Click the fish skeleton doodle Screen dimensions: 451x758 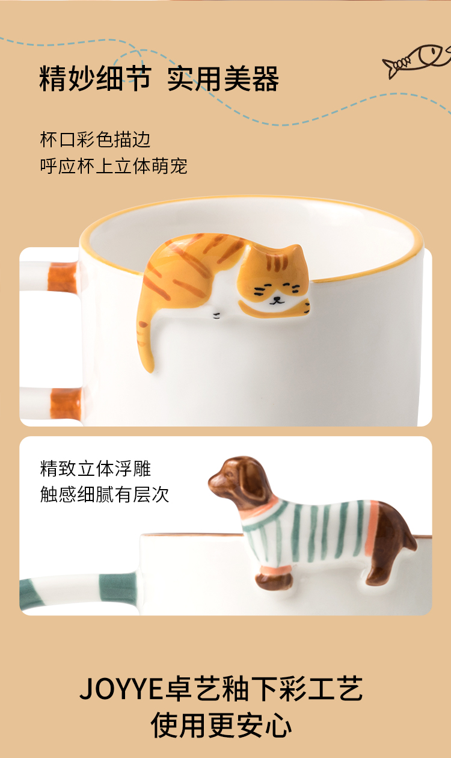[417, 60]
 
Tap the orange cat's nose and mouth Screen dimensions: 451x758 [277, 300]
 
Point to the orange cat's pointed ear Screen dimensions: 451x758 [296, 252]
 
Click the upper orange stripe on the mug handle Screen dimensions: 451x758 [63, 277]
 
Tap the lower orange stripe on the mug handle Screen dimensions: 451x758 [66, 403]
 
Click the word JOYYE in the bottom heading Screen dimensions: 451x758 [121, 689]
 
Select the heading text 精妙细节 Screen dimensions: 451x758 [95, 78]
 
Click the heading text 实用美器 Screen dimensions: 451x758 [223, 78]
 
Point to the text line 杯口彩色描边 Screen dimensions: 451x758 [95, 140]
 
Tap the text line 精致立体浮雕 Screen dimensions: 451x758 [96, 468]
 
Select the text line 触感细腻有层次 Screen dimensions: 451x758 [105, 495]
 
